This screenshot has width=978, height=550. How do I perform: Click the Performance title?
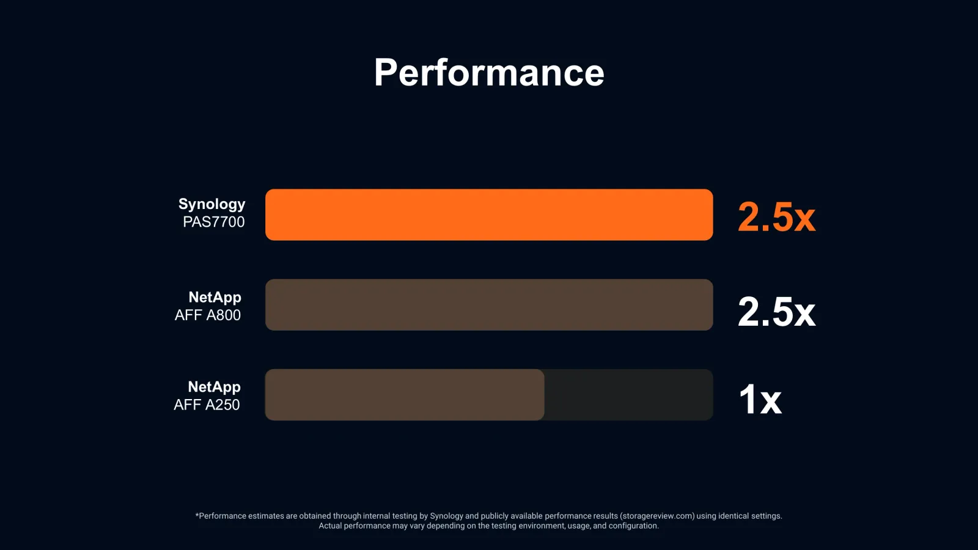[489, 73]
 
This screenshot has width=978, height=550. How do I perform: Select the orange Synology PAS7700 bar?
[489, 215]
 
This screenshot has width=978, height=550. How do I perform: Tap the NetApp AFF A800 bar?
[489, 305]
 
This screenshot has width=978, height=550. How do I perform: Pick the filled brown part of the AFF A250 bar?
[405, 395]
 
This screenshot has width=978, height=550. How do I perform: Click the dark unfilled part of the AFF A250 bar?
[629, 395]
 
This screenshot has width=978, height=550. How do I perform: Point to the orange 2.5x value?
[776, 217]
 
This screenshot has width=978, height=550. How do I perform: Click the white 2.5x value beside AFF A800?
[776, 312]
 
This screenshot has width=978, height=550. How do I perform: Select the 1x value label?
[760, 399]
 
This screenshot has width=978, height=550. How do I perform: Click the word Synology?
[211, 204]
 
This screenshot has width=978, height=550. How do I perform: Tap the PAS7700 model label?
[213, 222]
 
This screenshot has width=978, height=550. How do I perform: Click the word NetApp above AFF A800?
[215, 297]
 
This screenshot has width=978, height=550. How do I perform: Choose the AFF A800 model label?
[208, 315]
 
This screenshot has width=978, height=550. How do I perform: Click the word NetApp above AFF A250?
[214, 387]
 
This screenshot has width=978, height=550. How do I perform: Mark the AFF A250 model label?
[207, 405]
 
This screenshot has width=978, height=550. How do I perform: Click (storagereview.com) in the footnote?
[657, 516]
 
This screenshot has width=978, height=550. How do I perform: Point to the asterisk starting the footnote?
[197, 515]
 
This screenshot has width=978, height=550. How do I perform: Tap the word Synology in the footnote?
[447, 516]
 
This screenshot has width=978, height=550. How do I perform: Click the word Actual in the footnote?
[330, 526]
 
